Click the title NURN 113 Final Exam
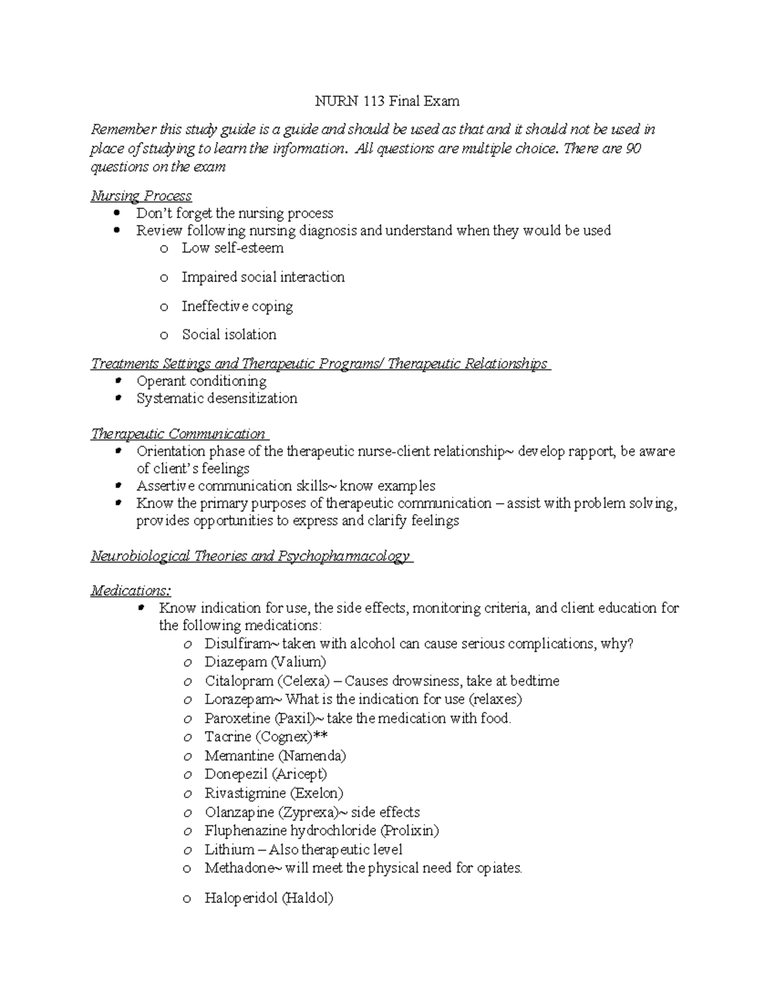point(387,101)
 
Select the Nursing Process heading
point(141,196)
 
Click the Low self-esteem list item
point(232,248)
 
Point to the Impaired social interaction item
point(263,277)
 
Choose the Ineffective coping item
point(237,306)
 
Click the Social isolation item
point(229,335)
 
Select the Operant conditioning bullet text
point(201,381)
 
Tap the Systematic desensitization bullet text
point(217,398)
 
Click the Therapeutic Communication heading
point(178,434)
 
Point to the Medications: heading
point(131,590)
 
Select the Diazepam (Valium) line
point(265,662)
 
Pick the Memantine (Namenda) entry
point(275,756)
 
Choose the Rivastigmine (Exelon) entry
point(274,793)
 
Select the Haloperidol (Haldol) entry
point(269,898)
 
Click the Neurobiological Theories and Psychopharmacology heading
point(251,556)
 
